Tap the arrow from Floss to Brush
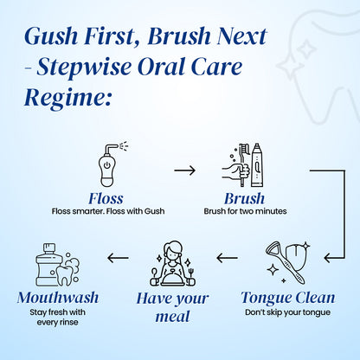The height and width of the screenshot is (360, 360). click(184, 170)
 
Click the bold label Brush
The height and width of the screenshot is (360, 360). click(244, 198)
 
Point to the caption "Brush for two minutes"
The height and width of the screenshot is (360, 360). click(244, 210)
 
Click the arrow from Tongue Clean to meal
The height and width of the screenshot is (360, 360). click(227, 258)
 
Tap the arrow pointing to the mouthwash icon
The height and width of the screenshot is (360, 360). click(118, 258)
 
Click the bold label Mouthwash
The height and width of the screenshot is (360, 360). click(57, 298)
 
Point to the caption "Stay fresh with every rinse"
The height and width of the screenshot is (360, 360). click(57, 317)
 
